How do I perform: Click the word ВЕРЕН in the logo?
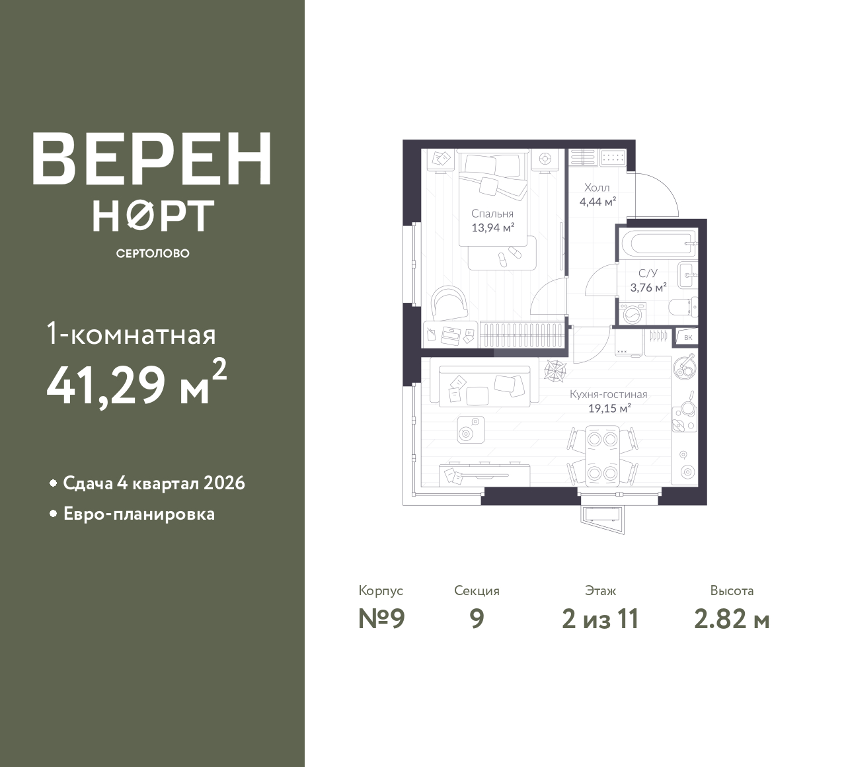152,159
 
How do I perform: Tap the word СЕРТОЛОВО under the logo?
153,253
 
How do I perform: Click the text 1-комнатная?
132,335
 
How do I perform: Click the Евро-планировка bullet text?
139,514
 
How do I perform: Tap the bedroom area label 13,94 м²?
492,228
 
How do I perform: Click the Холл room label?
597,188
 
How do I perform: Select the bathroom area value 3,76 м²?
648,288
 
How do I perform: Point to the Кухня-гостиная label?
609,395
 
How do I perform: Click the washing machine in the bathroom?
632,314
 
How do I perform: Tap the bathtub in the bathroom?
657,243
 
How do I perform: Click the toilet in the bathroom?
683,307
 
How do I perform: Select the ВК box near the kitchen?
688,337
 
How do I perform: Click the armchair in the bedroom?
449,303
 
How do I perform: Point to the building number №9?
381,619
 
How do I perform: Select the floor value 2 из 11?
601,619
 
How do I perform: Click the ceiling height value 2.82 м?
732,620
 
